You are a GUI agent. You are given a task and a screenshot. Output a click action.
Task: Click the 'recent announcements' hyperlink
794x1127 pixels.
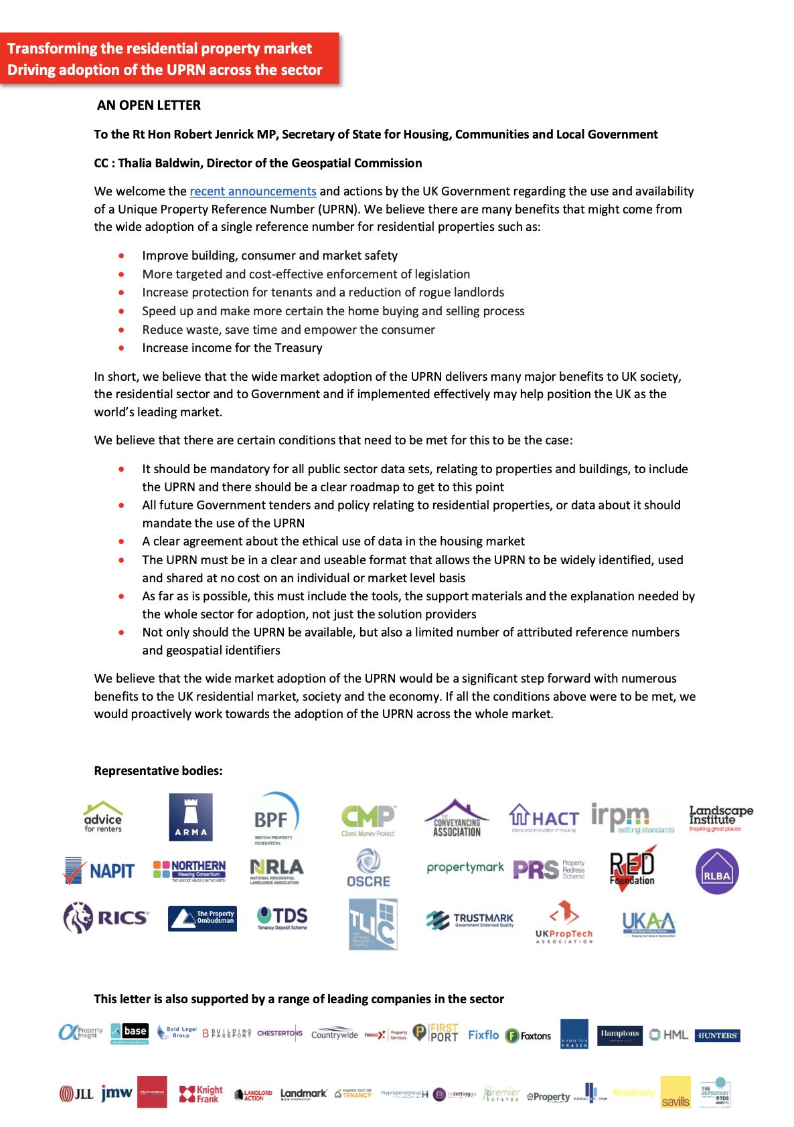252,191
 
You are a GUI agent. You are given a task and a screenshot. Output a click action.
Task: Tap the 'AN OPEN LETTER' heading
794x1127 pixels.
149,105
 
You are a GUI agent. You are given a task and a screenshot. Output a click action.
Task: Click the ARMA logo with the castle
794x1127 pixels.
191,816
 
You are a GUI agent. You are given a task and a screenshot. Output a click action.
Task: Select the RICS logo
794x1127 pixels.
106,917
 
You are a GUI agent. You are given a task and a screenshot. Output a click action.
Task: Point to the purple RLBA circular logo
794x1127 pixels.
717,872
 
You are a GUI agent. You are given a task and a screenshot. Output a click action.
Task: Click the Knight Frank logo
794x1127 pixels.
201,1094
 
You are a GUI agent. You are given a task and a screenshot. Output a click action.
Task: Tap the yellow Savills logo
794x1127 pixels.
675,1092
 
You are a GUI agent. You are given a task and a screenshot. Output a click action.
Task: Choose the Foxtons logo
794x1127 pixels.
528,1035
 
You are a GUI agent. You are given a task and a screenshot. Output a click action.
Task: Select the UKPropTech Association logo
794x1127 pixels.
564,922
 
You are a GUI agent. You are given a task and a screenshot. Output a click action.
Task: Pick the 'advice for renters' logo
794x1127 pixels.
103,817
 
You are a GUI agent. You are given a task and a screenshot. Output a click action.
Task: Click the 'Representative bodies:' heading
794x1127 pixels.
158,771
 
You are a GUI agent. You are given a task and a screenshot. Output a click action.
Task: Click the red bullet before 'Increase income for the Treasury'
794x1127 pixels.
121,348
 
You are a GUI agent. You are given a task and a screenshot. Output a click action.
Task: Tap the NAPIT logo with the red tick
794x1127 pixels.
99,871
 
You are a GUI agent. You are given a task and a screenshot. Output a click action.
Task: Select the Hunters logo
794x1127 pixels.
717,1035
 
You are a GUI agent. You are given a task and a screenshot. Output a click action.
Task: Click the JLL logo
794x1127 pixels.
76,1094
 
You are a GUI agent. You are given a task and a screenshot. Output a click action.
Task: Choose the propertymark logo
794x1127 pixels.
465,867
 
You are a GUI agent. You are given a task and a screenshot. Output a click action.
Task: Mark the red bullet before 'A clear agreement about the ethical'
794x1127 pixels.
121,541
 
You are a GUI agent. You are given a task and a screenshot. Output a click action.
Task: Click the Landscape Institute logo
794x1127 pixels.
720,818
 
